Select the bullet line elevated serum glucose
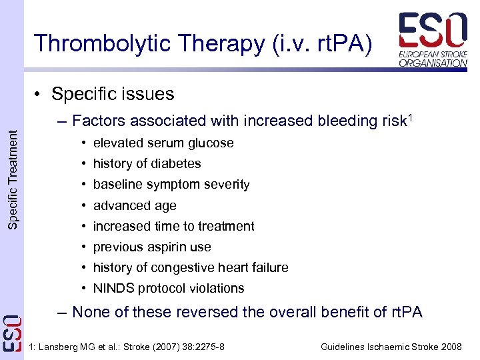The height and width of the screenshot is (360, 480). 163,143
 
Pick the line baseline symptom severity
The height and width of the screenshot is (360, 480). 171,184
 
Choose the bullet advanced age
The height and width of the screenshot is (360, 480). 135,205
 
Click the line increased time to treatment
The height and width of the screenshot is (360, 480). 173,226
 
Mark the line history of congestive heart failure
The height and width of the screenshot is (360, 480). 191,267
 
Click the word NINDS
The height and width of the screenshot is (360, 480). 113,288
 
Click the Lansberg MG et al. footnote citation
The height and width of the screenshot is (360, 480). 127,347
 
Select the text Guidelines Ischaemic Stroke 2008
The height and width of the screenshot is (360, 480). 391,347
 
